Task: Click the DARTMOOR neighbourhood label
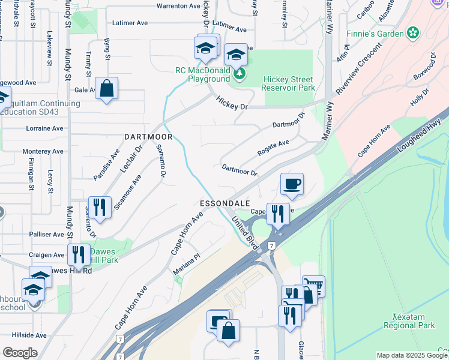tap(148, 137)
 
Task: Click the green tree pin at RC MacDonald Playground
tap(240, 73)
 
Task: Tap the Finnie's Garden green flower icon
tap(413, 33)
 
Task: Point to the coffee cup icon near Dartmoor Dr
tap(292, 184)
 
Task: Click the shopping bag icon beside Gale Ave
tap(106, 89)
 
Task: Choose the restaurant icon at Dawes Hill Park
tap(78, 254)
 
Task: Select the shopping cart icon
tap(313, 286)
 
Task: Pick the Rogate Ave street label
tap(274, 147)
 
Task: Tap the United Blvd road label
tap(244, 235)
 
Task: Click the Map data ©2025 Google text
tap(412, 355)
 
